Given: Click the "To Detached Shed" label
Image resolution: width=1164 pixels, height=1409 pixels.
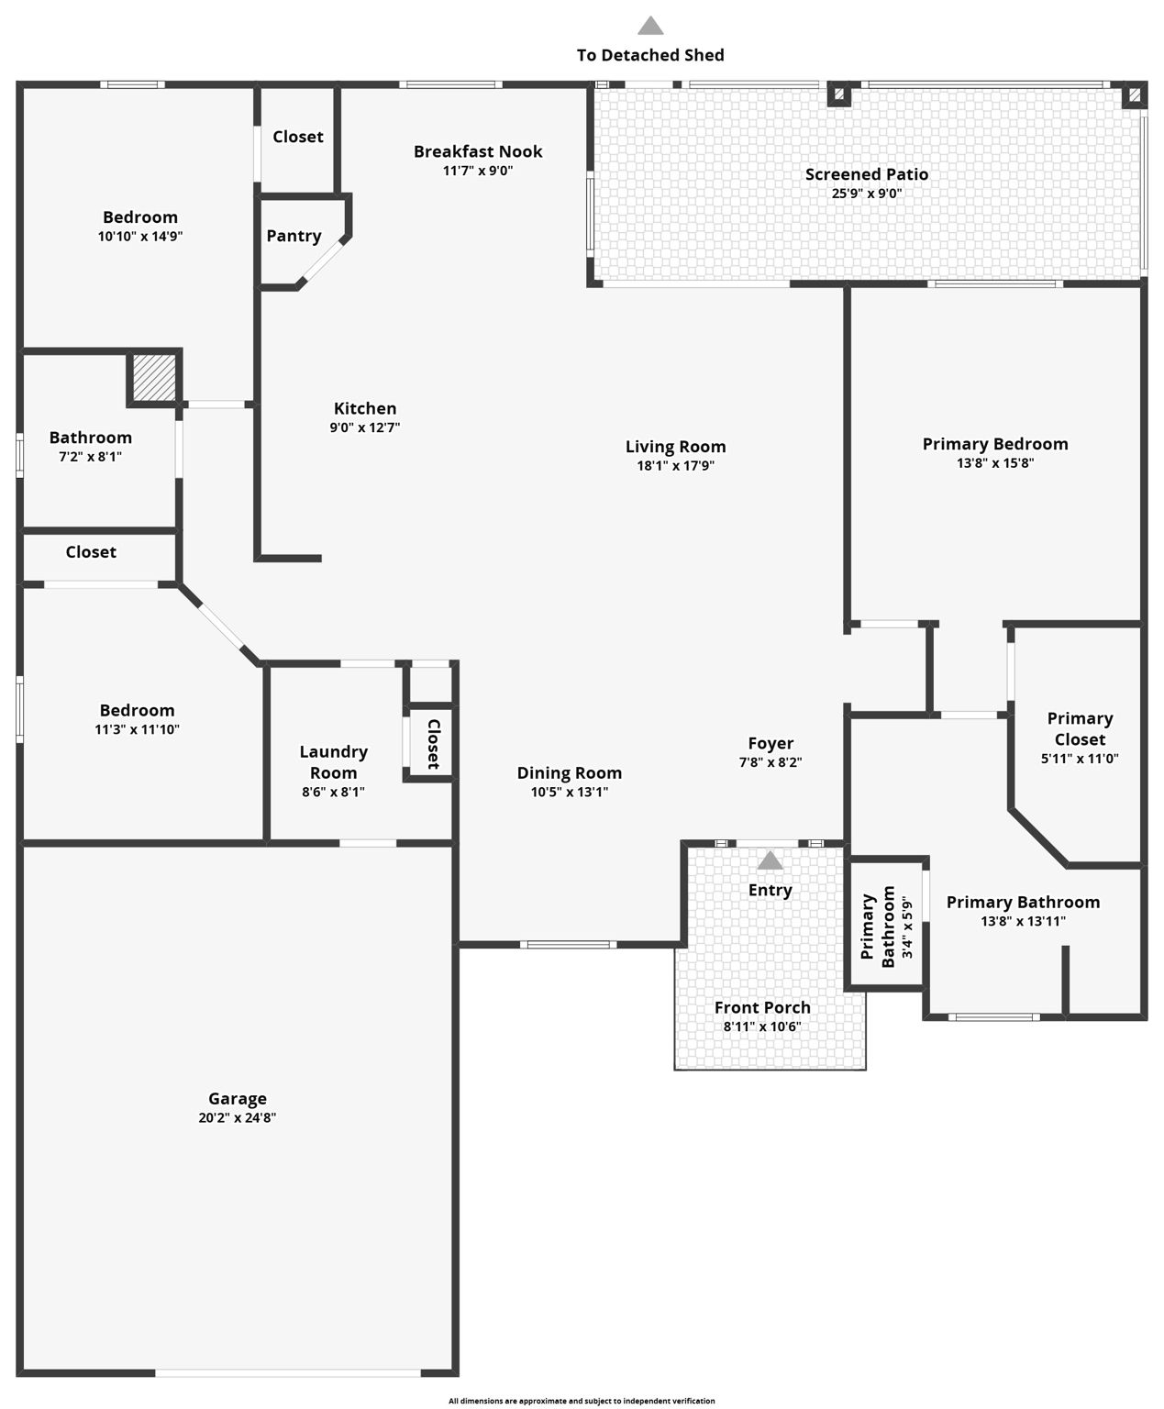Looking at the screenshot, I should (650, 55).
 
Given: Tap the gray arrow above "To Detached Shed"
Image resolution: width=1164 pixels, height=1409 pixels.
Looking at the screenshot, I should (650, 26).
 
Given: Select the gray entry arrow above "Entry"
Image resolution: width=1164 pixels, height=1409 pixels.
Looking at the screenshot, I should (770, 860).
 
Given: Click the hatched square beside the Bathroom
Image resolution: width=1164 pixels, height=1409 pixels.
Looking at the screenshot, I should (154, 377).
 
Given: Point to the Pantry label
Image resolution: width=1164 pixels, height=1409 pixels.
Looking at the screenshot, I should (294, 236).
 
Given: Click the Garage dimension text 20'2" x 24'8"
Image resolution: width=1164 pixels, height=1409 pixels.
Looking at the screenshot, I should (238, 1117).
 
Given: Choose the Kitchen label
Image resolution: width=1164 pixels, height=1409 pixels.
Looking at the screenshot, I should (365, 408).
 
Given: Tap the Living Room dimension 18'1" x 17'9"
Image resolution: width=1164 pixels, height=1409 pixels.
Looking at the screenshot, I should (676, 465).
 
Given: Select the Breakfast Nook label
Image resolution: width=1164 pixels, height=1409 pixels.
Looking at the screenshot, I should (478, 151).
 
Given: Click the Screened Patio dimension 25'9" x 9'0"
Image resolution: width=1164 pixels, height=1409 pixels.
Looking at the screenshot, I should (866, 193).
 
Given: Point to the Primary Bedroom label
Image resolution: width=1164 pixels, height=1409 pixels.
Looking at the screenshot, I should (995, 444).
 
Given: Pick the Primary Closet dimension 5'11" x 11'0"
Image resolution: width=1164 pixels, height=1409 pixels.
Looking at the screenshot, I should (1080, 759).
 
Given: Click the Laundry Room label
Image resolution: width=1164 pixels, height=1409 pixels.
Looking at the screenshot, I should (333, 761).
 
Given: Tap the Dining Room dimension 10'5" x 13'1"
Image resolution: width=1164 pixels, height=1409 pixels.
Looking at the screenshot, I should (570, 792).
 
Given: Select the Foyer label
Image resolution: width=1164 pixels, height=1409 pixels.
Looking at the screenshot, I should (770, 743).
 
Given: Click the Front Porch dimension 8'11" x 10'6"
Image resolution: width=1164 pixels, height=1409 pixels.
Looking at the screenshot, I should (762, 1026).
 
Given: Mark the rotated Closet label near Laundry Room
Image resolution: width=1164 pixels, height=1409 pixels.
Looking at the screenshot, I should (433, 743).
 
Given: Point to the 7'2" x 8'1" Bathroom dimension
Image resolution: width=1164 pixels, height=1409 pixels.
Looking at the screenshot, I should (90, 456).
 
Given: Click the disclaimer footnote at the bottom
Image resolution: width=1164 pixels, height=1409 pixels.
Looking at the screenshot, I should (582, 1401).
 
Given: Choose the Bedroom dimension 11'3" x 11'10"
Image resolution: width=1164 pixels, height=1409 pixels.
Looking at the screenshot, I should (138, 729).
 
